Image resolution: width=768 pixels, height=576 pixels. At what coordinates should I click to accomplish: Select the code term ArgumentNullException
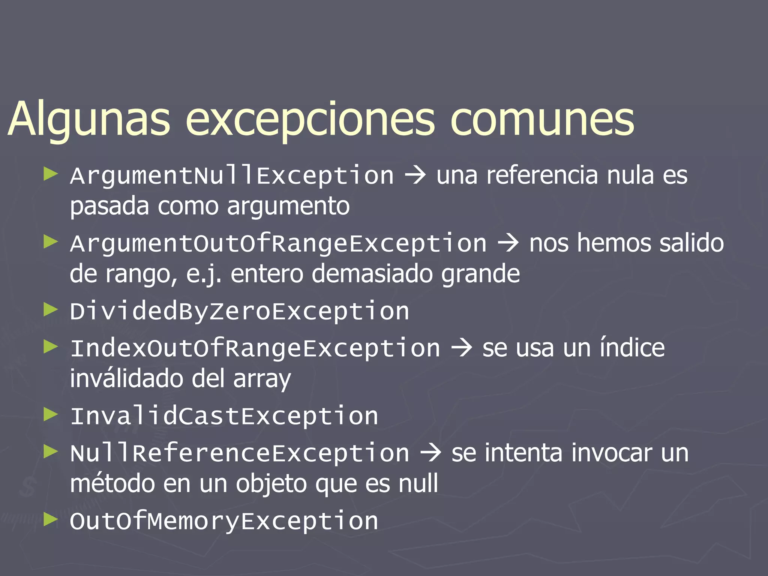[x=232, y=175]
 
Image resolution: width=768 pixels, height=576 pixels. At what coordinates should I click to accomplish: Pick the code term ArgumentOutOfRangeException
[x=278, y=244]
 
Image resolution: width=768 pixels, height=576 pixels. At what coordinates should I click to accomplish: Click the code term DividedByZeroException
[x=239, y=311]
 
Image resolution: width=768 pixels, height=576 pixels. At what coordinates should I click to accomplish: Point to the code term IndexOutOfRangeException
[x=255, y=348]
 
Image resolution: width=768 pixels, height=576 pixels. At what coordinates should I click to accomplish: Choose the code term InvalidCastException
[x=224, y=416]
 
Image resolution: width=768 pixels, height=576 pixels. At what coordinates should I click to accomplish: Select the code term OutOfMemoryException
[x=224, y=521]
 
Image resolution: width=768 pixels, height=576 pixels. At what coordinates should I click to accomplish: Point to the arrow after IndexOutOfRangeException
[x=462, y=348]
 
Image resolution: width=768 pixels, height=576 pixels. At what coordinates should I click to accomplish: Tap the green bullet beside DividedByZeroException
[x=50, y=310]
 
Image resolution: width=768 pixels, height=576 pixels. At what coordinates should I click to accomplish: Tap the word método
[x=112, y=483]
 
